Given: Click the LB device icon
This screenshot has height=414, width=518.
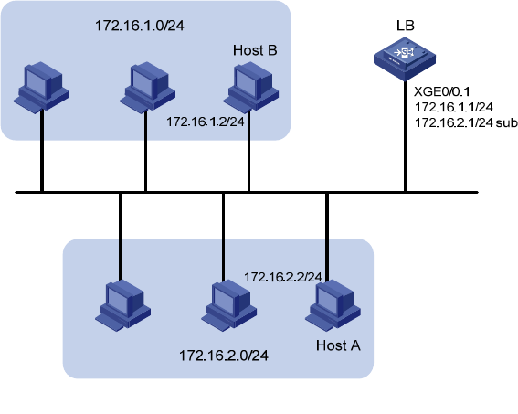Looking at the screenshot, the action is [405, 58].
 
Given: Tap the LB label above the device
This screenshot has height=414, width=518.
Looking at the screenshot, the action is [406, 26].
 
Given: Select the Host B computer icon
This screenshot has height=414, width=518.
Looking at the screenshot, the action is [251, 88].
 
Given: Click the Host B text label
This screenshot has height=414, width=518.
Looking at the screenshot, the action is [255, 50].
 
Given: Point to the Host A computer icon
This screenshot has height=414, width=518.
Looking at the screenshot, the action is [333, 305].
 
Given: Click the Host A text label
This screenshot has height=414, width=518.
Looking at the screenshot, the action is [338, 345].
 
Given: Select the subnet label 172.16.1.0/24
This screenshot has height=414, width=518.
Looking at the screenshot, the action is [140, 26].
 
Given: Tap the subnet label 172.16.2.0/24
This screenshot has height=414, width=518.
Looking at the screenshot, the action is [224, 356].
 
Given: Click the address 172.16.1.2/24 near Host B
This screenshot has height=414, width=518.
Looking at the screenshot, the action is [206, 122].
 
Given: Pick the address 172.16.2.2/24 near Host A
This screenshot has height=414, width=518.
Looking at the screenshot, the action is [283, 277].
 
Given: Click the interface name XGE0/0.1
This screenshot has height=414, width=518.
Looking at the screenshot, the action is [442, 91].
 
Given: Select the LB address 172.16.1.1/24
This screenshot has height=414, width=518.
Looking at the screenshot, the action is [453, 107].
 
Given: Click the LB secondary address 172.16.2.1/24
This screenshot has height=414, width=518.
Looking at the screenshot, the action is [453, 122].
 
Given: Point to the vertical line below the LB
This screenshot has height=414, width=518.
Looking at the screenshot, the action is [405, 136].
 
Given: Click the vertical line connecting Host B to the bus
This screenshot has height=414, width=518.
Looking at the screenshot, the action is [248, 151].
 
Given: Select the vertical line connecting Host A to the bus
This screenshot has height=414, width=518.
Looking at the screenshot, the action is [327, 237].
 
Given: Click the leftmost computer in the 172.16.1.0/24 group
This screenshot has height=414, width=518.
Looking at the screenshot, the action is [42, 88].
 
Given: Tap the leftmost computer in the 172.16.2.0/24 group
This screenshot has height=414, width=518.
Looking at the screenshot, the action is [123, 305].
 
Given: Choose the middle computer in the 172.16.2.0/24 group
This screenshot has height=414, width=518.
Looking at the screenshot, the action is [229, 305].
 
